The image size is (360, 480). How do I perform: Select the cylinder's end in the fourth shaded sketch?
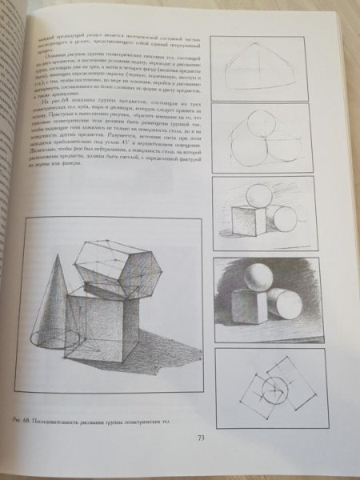[277, 303]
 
